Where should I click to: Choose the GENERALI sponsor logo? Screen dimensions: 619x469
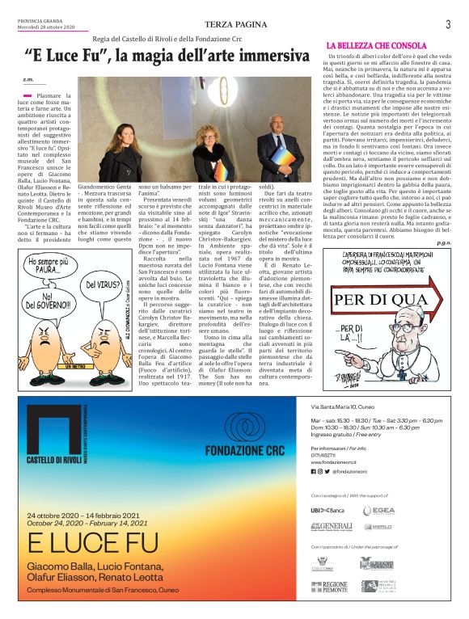coord(331,526)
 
